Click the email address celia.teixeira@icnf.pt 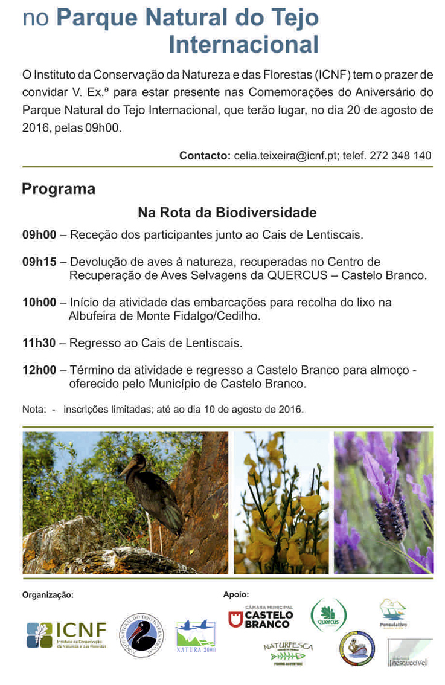(x=286, y=155)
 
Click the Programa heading (x=59, y=188)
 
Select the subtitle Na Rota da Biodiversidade (x=227, y=213)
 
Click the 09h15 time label (x=39, y=262)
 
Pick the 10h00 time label (x=39, y=302)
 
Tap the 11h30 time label (x=39, y=343)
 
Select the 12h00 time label (x=39, y=370)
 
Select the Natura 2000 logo (x=195, y=637)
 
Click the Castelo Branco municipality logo (x=260, y=617)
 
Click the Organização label (x=48, y=594)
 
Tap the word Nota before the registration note (x=33, y=409)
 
